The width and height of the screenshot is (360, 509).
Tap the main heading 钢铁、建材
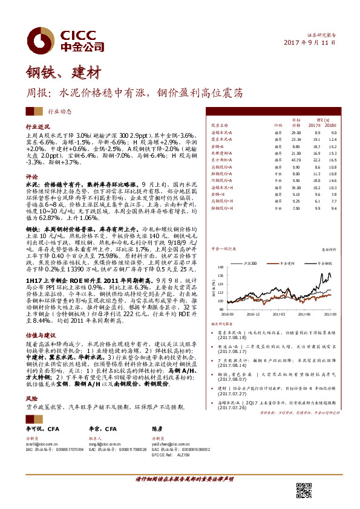coord(62,74)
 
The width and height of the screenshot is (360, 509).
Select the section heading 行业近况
coord(37,127)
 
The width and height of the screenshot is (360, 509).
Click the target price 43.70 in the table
coord(296,158)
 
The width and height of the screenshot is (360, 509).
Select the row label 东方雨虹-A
coord(221,158)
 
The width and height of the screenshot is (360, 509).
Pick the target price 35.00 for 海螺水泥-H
coord(296,187)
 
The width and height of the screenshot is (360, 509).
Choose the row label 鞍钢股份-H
coord(221,208)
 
